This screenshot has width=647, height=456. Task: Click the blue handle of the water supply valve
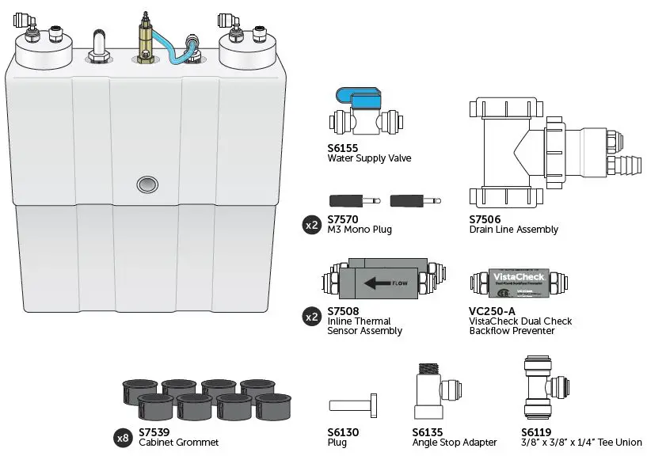(360, 99)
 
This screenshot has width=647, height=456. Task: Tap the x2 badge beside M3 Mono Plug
(312, 225)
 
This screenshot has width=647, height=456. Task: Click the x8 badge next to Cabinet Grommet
(124, 437)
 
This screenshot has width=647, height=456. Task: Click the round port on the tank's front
(147, 184)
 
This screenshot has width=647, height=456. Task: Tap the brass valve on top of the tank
(145, 40)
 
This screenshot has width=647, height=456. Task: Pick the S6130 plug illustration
(356, 405)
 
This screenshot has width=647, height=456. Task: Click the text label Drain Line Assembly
(513, 230)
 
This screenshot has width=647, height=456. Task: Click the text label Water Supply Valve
(369, 158)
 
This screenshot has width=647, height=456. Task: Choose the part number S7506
(485, 219)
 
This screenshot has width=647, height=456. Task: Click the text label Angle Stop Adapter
(455, 443)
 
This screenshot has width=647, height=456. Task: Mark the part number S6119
(536, 432)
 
